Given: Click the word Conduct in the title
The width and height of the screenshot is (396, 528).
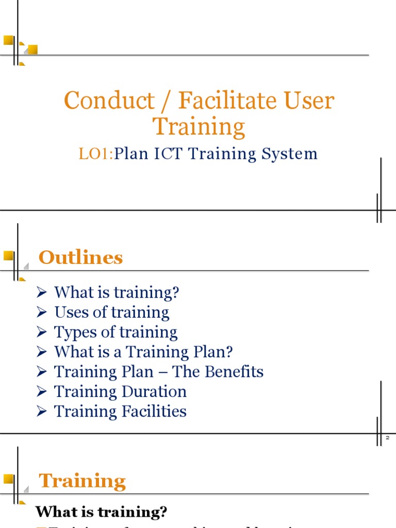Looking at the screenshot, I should [x=109, y=100].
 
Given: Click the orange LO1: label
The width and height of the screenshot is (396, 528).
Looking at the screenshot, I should [x=96, y=154].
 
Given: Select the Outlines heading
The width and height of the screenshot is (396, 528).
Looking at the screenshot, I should [x=81, y=257].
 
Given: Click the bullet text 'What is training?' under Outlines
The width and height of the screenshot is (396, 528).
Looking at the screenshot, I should [x=117, y=292].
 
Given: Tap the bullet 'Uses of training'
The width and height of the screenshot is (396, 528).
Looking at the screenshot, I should [x=111, y=312].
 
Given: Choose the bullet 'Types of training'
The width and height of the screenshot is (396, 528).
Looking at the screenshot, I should [x=115, y=332].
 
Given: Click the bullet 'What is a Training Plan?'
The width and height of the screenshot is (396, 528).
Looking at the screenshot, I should [x=143, y=352].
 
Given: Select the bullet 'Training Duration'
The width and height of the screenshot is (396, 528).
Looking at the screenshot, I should [x=120, y=391].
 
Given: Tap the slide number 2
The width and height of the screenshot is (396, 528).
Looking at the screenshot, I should [x=387, y=438].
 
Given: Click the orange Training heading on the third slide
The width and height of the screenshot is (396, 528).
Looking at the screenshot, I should [x=82, y=481].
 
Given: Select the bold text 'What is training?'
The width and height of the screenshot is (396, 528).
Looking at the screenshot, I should [x=101, y=512].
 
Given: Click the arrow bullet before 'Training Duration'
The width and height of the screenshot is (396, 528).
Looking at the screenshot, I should [x=42, y=392].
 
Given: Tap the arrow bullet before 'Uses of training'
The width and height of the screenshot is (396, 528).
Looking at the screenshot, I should [x=42, y=312].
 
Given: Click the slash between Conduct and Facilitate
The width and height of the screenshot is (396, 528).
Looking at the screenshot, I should [x=166, y=101].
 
